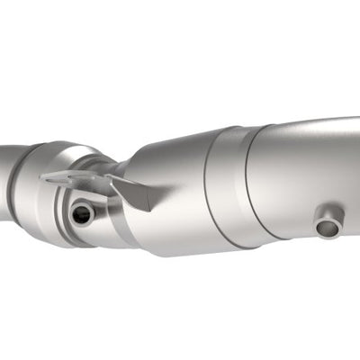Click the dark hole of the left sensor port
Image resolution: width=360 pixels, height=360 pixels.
point(82,213)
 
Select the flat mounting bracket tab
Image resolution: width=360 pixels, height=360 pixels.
point(76,181)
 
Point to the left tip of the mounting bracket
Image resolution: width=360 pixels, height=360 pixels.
point(44,177)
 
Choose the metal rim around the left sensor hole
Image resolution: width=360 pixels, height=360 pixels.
point(72,214)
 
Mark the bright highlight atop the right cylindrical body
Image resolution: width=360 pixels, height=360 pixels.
point(306,135)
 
